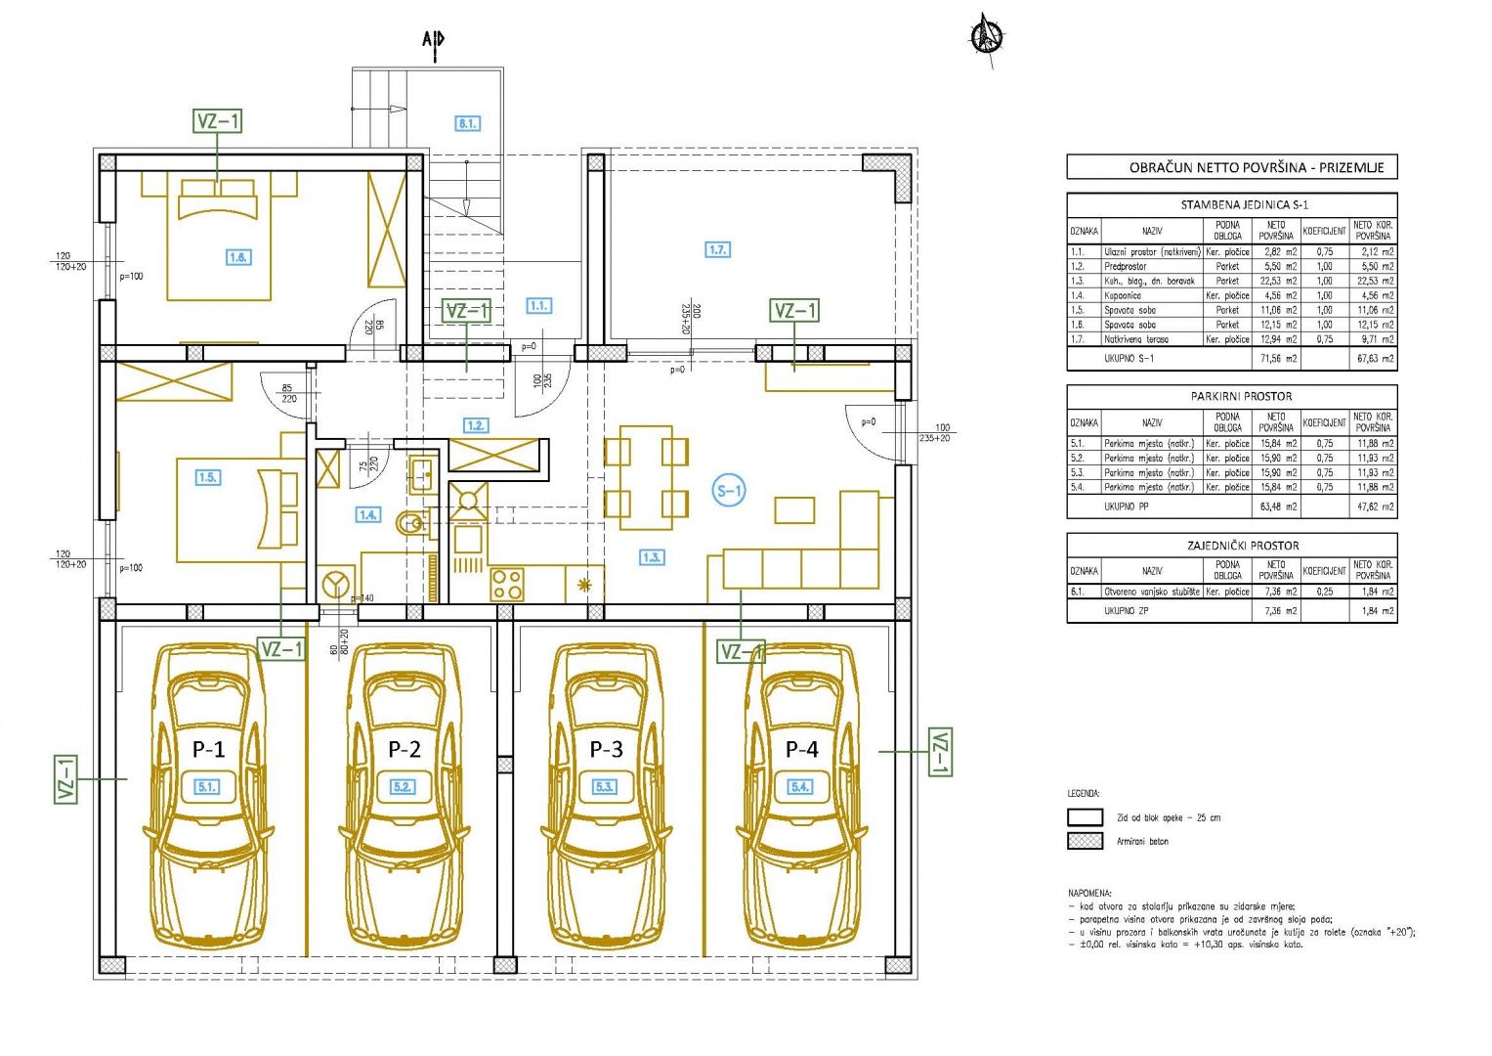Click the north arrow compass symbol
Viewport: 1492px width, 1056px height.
tap(987, 37)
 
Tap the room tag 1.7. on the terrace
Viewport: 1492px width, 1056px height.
tap(717, 250)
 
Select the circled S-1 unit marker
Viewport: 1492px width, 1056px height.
tap(729, 491)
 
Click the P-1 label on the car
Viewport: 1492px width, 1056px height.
tap(208, 750)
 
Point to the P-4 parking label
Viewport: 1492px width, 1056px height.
tap(802, 750)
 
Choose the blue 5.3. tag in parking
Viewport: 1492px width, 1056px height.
tap(605, 786)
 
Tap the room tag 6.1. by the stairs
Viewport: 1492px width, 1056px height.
tap(467, 124)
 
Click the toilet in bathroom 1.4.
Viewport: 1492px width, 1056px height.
tap(414, 523)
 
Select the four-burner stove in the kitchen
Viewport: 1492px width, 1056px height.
tap(507, 584)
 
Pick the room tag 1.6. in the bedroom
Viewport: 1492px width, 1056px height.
tap(237, 257)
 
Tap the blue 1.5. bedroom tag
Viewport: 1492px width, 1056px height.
tap(208, 477)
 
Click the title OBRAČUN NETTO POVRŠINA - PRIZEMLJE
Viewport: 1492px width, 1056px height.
tap(1231, 167)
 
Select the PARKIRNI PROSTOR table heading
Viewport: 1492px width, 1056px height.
tap(1231, 396)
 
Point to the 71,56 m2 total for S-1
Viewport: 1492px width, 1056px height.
tap(1276, 359)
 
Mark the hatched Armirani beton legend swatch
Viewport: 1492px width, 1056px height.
tap(1085, 841)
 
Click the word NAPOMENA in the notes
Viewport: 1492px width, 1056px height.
tap(1089, 894)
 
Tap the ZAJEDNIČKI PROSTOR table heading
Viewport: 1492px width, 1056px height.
tap(1231, 546)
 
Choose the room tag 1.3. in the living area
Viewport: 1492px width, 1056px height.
tap(652, 557)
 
